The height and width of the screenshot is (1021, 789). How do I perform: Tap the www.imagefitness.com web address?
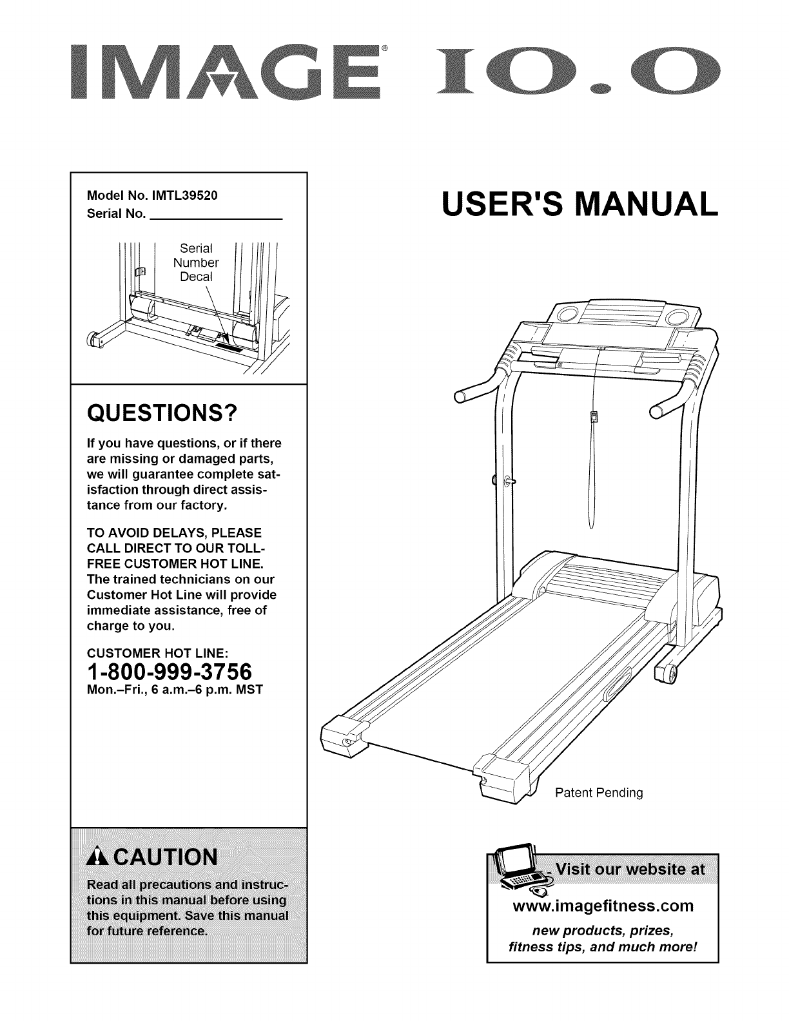(x=602, y=906)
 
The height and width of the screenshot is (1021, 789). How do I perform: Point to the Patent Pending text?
(x=599, y=792)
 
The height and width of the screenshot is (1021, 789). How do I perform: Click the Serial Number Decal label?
(x=196, y=262)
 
